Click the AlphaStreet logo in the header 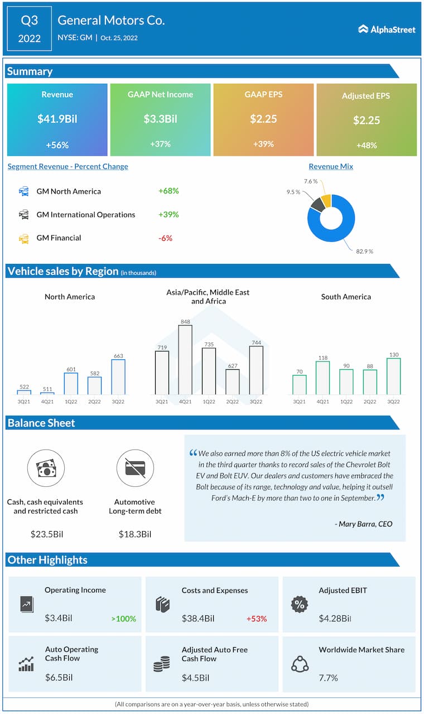point(387,29)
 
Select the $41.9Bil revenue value point(57,119)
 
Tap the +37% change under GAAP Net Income point(160,144)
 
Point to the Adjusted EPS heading point(366,96)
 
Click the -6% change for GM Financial point(165,238)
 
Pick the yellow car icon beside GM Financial point(24,238)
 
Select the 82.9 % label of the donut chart point(364,252)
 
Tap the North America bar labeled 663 point(118,377)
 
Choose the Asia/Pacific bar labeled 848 point(185,360)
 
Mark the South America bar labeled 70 point(300,385)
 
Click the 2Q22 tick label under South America point(369,401)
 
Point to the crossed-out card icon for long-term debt point(135,468)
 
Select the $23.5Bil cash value point(46,534)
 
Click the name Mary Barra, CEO point(365,524)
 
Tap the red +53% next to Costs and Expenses point(256,619)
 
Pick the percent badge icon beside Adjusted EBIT point(300,604)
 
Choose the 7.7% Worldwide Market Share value point(328,678)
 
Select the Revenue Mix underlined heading point(331,166)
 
